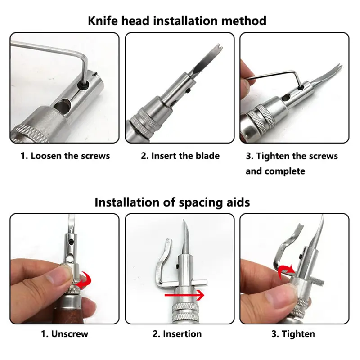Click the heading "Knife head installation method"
coord(177,21)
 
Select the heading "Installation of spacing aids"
coord(172,202)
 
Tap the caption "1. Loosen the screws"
coord(65,156)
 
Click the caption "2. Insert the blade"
coord(180,156)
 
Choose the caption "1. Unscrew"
coord(64,334)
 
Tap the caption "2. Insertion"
coord(177,334)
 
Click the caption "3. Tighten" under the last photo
coord(293,334)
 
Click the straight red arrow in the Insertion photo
coord(184,295)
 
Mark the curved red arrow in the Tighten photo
coord(286,271)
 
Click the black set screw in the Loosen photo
coord(83,85)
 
